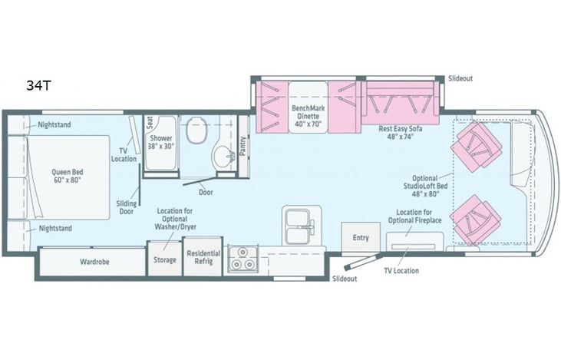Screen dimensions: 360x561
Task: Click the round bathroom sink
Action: pyautogui.click(x=223, y=157)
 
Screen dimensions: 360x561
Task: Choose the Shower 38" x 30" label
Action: pyautogui.click(x=161, y=141)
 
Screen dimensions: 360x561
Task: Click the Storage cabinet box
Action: pyautogui.click(x=165, y=259)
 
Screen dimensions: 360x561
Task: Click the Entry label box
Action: pyautogui.click(x=361, y=238)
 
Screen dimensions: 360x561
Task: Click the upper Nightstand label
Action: pyautogui.click(x=55, y=124)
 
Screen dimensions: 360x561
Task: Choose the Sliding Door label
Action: pyautogui.click(x=127, y=206)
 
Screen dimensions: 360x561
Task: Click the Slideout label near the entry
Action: pyautogui.click(x=345, y=279)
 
